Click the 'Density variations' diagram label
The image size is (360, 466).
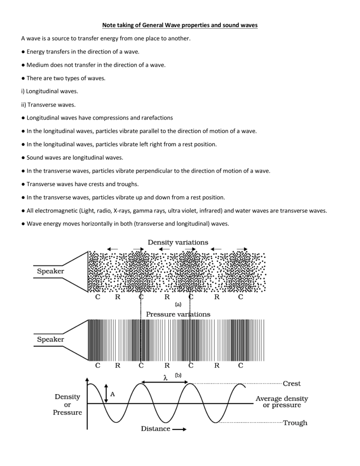[178, 242]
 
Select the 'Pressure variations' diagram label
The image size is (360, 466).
[178, 314]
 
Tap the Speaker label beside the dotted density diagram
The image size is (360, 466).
[51, 271]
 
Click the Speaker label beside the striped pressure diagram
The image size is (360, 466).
[51, 338]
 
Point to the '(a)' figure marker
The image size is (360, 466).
[178, 304]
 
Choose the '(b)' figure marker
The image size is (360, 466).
[178, 376]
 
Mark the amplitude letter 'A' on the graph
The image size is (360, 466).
[112, 394]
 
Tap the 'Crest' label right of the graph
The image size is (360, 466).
[292, 383]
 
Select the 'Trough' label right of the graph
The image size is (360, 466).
[295, 423]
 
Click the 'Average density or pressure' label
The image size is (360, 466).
[281, 402]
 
